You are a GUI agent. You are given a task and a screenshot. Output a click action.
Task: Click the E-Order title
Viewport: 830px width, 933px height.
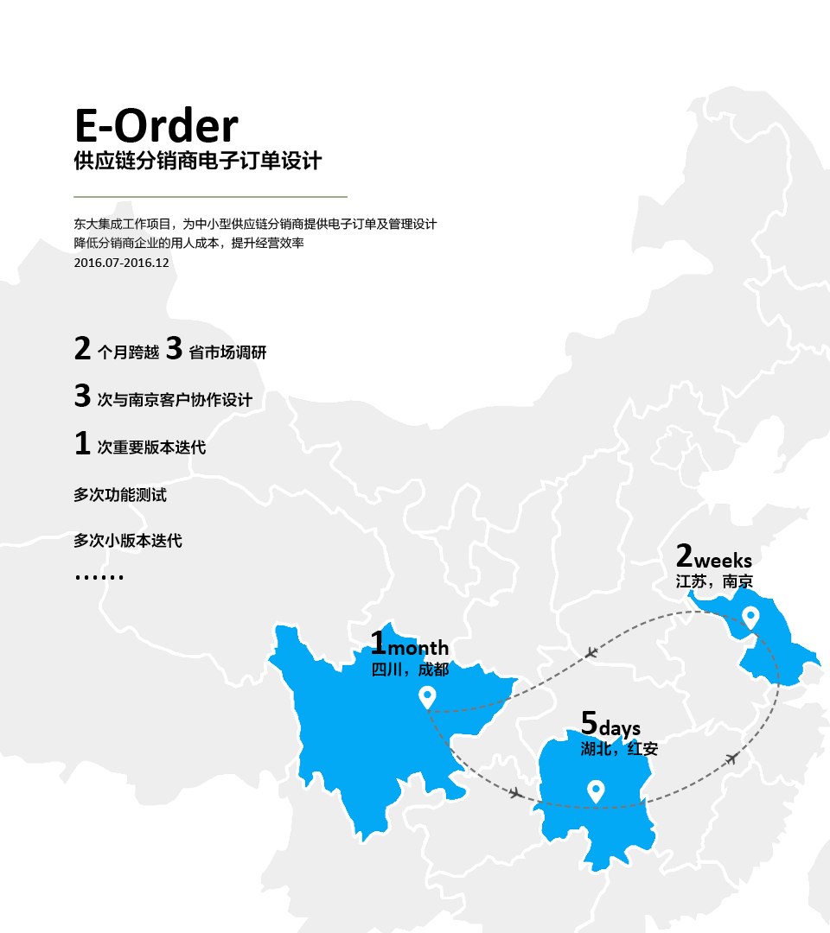click(x=156, y=125)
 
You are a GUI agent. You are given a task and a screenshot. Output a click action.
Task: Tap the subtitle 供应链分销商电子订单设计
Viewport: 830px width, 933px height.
click(x=198, y=162)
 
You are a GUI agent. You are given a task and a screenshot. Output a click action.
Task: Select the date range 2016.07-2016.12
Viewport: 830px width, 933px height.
click(x=121, y=263)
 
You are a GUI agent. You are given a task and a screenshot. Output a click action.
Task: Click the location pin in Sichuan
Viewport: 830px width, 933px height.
click(x=425, y=696)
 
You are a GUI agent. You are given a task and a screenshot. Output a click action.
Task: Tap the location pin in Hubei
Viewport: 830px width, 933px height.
click(x=595, y=790)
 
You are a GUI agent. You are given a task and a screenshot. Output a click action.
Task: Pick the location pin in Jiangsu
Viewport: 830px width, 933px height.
click(x=750, y=618)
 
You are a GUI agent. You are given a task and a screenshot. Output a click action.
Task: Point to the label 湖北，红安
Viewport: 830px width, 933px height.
click(x=619, y=749)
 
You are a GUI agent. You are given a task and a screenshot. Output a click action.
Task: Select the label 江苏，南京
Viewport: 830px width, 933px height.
click(x=714, y=581)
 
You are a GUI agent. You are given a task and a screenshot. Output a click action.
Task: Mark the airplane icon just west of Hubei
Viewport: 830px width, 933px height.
click(x=516, y=792)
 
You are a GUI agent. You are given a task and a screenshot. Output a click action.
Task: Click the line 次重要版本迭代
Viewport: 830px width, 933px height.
click(x=151, y=447)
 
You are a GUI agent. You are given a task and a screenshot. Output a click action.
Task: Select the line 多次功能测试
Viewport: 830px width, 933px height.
click(x=120, y=496)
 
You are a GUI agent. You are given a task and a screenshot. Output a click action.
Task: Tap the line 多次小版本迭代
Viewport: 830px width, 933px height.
click(x=128, y=542)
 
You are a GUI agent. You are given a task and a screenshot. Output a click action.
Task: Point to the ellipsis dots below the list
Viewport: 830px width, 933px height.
click(x=99, y=576)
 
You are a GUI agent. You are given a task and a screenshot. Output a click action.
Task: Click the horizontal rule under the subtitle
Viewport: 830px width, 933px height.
click(x=210, y=197)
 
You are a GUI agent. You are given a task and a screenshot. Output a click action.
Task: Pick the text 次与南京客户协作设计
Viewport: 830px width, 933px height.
click(x=175, y=400)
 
